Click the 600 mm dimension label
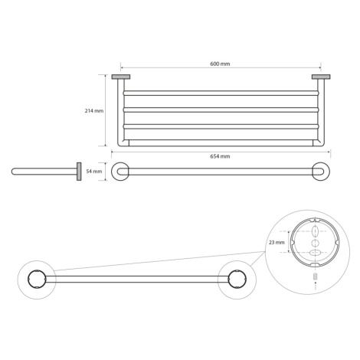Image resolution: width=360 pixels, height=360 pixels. click(x=220, y=64)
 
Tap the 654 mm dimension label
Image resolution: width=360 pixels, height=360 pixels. click(x=220, y=156)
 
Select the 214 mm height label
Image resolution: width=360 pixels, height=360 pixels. click(x=94, y=111)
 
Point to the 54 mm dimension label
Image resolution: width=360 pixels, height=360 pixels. click(x=94, y=172)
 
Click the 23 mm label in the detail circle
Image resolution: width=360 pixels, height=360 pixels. click(x=277, y=242)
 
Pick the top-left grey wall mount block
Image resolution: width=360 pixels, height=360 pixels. click(x=121, y=77)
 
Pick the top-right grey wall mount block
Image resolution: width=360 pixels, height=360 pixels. click(x=321, y=77)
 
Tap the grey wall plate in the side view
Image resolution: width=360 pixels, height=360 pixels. click(x=79, y=172)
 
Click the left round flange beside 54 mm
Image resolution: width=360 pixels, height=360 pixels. click(x=120, y=172)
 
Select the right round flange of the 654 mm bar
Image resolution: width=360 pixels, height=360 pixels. click(x=321, y=172)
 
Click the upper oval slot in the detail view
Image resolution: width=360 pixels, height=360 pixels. click(x=316, y=232)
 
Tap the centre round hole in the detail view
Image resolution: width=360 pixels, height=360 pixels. click(x=316, y=243)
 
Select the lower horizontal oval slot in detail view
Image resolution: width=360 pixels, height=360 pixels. click(x=316, y=253)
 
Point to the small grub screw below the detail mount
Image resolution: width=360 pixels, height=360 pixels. click(x=316, y=277)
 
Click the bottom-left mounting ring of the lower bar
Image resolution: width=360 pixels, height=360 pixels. click(x=37, y=279)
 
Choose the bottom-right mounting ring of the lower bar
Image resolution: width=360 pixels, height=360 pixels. click(x=237, y=279)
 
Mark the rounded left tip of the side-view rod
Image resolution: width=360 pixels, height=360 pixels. click(x=13, y=172)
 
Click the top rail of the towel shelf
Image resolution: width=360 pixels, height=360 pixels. click(x=221, y=93)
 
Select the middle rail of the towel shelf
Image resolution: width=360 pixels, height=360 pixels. click(x=221, y=110)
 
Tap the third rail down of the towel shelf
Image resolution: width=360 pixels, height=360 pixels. click(x=221, y=126)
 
